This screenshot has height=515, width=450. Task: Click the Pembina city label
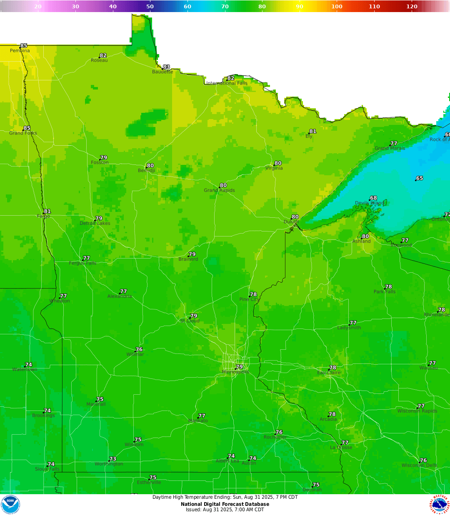click(20, 51)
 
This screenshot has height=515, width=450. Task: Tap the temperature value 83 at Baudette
click(166, 67)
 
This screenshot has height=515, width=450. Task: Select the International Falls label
click(227, 83)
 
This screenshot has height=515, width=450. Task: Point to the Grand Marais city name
click(390, 148)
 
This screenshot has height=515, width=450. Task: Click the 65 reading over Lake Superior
click(420, 178)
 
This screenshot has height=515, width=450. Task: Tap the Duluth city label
click(291, 222)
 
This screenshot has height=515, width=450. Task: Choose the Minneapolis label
click(235, 372)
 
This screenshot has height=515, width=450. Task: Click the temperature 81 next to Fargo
click(47, 211)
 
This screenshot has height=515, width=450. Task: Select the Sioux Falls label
click(47, 469)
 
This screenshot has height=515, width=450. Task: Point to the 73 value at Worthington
click(112, 459)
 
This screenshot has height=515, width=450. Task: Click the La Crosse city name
click(341, 448)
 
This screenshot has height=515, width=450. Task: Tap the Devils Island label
click(369, 203)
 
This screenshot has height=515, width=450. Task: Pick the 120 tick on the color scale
click(412, 6)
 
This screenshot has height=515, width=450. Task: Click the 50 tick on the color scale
click(150, 6)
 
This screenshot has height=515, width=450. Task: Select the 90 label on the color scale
click(300, 6)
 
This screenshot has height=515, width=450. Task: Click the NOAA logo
click(10, 505)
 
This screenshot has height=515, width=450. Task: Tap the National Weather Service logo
click(440, 505)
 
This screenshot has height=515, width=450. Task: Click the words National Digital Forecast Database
click(225, 504)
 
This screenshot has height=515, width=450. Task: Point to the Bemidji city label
click(146, 171)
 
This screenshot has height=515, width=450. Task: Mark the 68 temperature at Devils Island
click(373, 198)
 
